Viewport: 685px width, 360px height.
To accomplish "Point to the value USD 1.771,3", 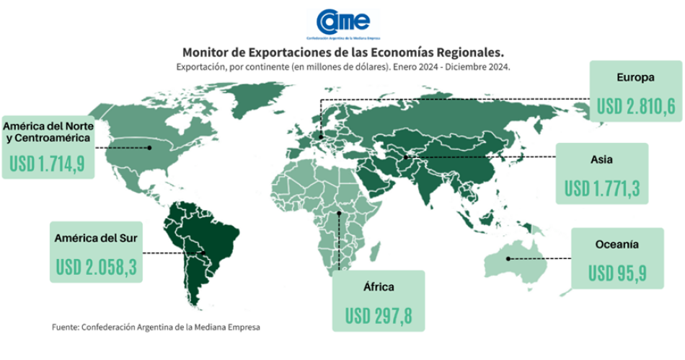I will pyautogui.click(x=602, y=189).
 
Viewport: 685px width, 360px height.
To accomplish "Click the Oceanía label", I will pyautogui.click(x=617, y=245).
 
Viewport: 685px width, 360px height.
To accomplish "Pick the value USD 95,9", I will pyautogui.click(x=617, y=274).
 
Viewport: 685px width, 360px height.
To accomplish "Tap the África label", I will pyautogui.click(x=378, y=286).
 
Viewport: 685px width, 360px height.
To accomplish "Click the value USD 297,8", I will pyautogui.click(x=378, y=315).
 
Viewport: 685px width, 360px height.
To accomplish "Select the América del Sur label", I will pyautogui.click(x=96, y=237).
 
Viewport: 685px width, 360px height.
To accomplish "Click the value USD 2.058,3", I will pyautogui.click(x=96, y=268).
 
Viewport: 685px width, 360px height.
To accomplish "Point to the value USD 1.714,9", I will pyautogui.click(x=48, y=164).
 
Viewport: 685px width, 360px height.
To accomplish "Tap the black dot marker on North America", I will pyautogui.click(x=149, y=147).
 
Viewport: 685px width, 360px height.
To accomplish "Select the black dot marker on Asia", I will pyautogui.click(x=406, y=157).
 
